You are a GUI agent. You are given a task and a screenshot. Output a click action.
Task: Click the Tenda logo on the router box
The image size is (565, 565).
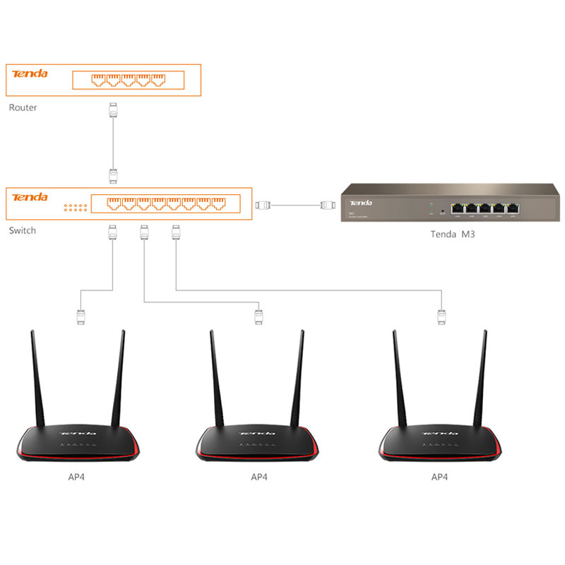point(30,73)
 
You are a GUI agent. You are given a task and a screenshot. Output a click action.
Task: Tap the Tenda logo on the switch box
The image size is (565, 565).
point(30,197)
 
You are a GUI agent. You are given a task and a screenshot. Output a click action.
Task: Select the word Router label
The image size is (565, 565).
point(23,108)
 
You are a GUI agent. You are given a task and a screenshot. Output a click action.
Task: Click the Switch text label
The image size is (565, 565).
point(22,231)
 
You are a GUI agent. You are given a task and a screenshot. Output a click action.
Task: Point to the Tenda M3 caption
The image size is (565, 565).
point(452,234)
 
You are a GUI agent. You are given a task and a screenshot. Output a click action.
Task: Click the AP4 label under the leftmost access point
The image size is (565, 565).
point(78,477)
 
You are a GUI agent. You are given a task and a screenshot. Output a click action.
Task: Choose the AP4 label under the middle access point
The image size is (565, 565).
point(259,477)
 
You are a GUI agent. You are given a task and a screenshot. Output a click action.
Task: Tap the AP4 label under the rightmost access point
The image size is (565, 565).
point(439,477)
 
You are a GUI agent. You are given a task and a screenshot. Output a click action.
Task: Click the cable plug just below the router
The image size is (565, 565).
point(112,110)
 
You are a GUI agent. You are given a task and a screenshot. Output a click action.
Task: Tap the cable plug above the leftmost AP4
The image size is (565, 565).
point(81,316)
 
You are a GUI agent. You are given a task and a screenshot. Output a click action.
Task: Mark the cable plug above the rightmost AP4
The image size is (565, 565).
point(441,316)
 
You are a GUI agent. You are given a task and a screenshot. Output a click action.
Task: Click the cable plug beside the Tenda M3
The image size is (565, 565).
point(326,206)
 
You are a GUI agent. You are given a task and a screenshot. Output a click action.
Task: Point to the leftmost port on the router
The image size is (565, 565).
point(99,79)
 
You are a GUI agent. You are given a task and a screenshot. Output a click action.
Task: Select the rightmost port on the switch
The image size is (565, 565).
point(219,204)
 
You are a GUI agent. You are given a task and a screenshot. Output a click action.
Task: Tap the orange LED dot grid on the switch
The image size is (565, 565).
point(75,208)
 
